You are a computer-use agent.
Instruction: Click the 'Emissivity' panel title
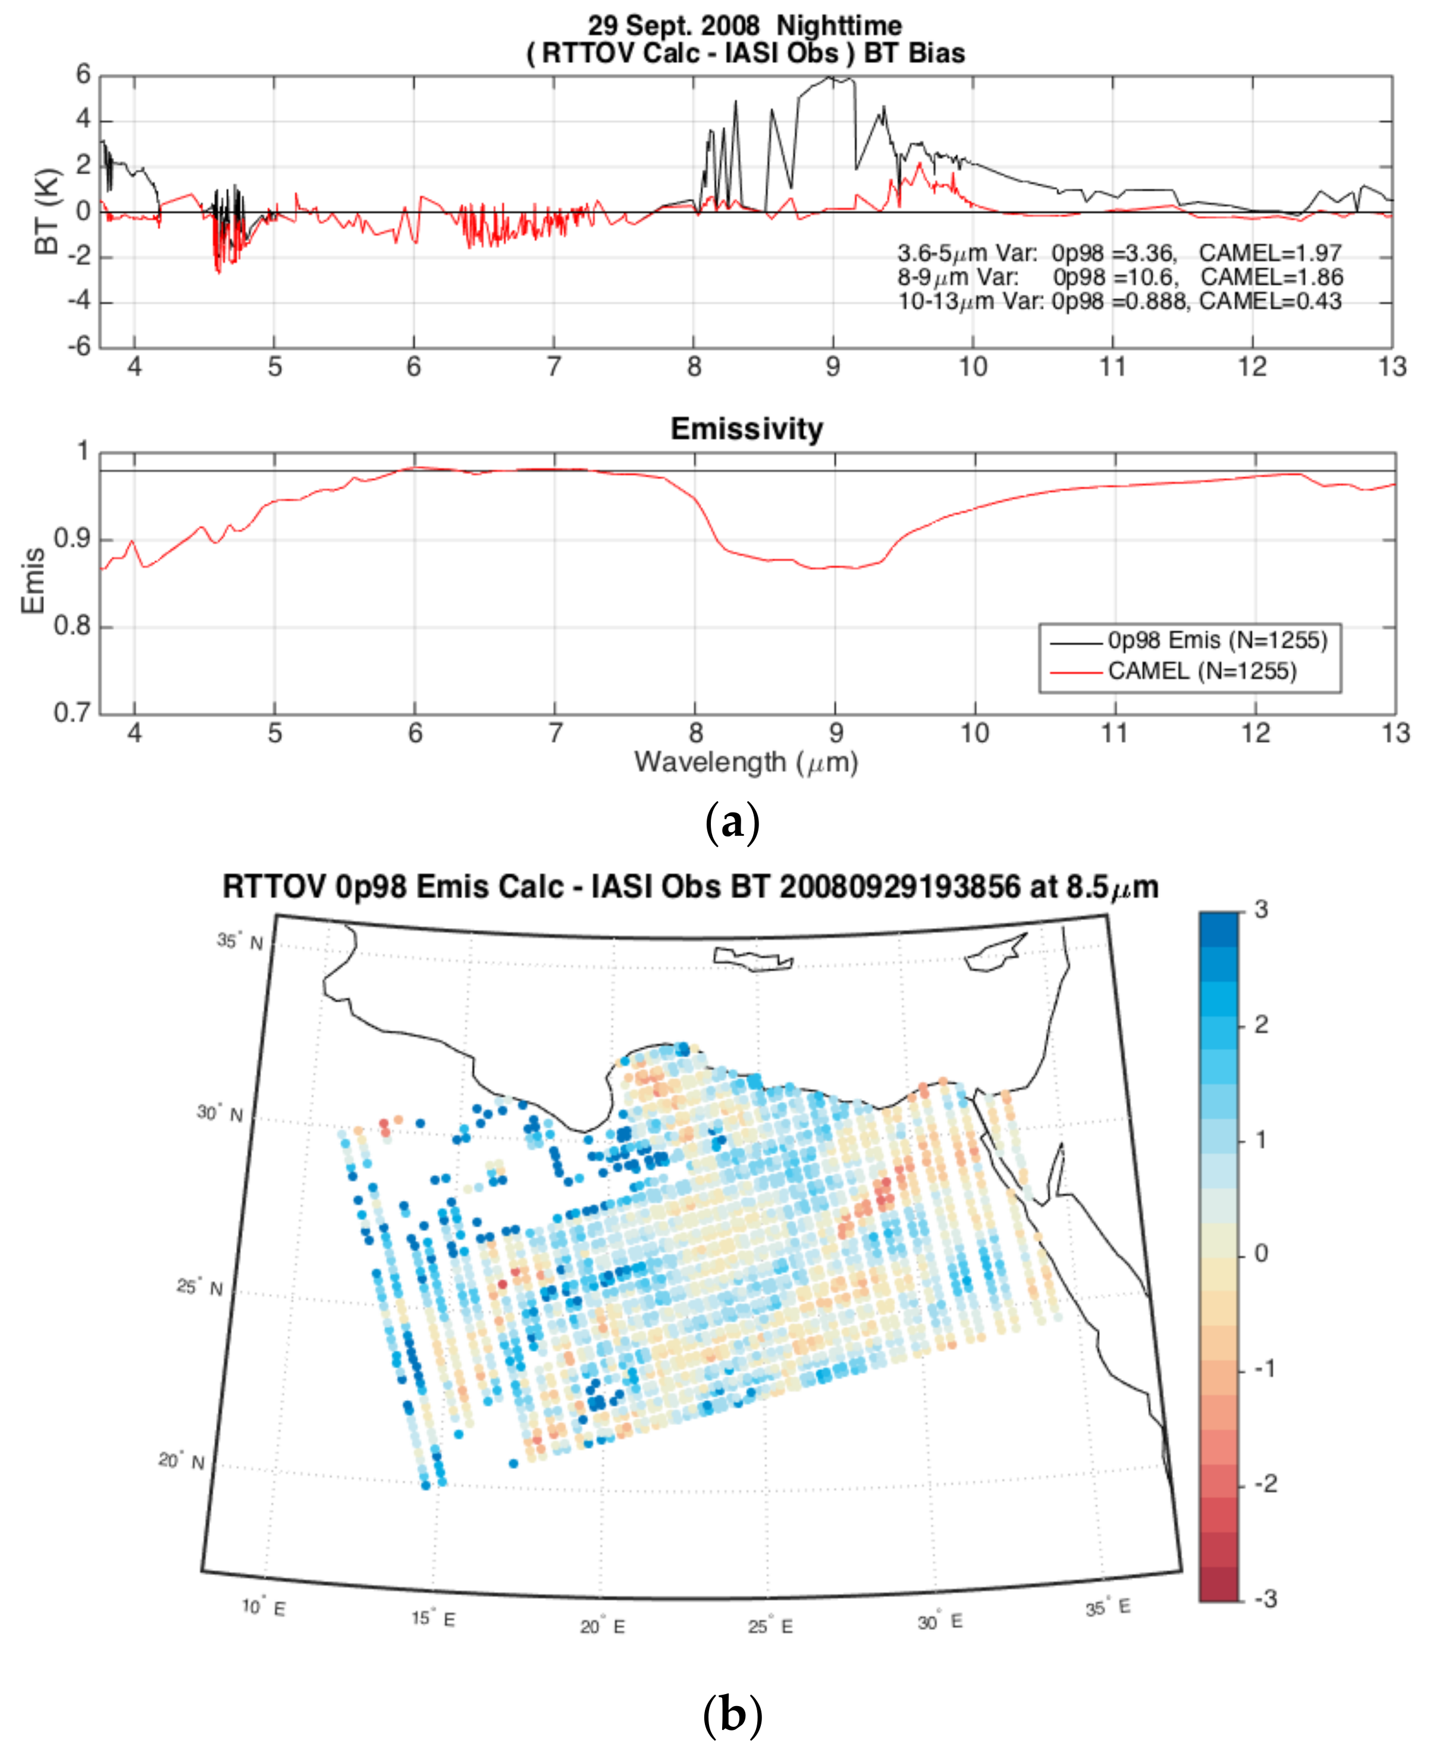tap(747, 429)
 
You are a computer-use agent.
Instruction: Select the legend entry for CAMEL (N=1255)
tap(1201, 671)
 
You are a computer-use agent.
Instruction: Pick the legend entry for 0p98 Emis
tap(1216, 641)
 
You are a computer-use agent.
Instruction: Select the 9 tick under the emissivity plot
tap(835, 733)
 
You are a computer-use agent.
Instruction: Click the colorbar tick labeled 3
tap(1260, 910)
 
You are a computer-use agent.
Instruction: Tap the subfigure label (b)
tap(732, 1714)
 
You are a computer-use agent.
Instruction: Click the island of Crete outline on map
tap(751, 958)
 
